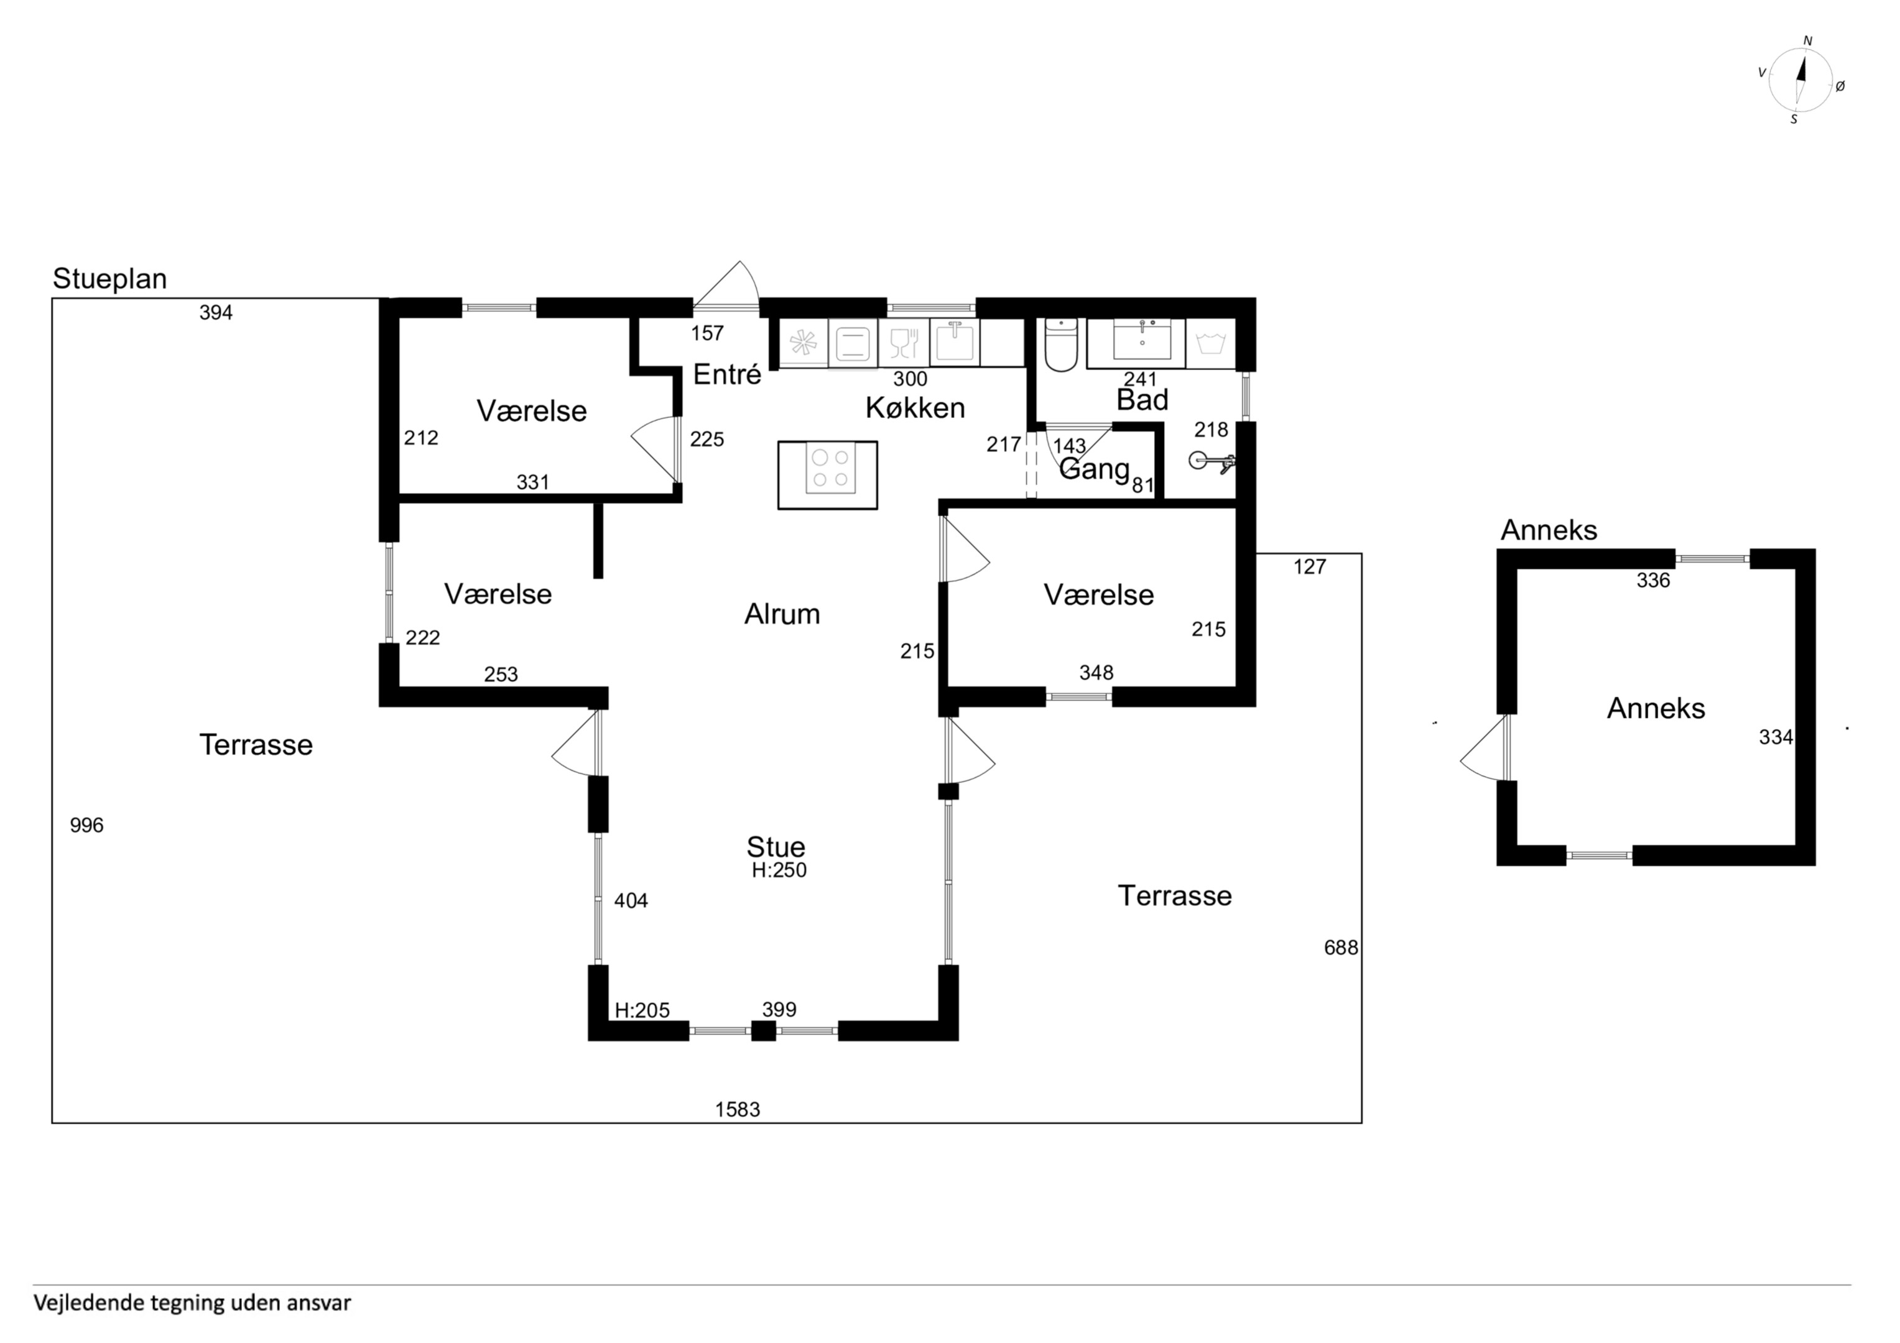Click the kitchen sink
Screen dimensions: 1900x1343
tap(954, 341)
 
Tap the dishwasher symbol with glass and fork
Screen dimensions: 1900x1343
tap(904, 342)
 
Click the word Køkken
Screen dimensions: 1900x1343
tap(915, 408)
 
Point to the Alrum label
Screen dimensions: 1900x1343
tap(782, 614)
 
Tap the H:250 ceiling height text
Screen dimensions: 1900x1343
tap(779, 870)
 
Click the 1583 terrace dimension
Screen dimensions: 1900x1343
tap(738, 1110)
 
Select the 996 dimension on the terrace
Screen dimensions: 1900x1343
tap(87, 825)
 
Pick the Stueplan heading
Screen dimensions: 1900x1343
tap(110, 279)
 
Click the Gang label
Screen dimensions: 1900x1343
tap(1094, 469)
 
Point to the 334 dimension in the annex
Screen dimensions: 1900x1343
tap(1776, 737)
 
